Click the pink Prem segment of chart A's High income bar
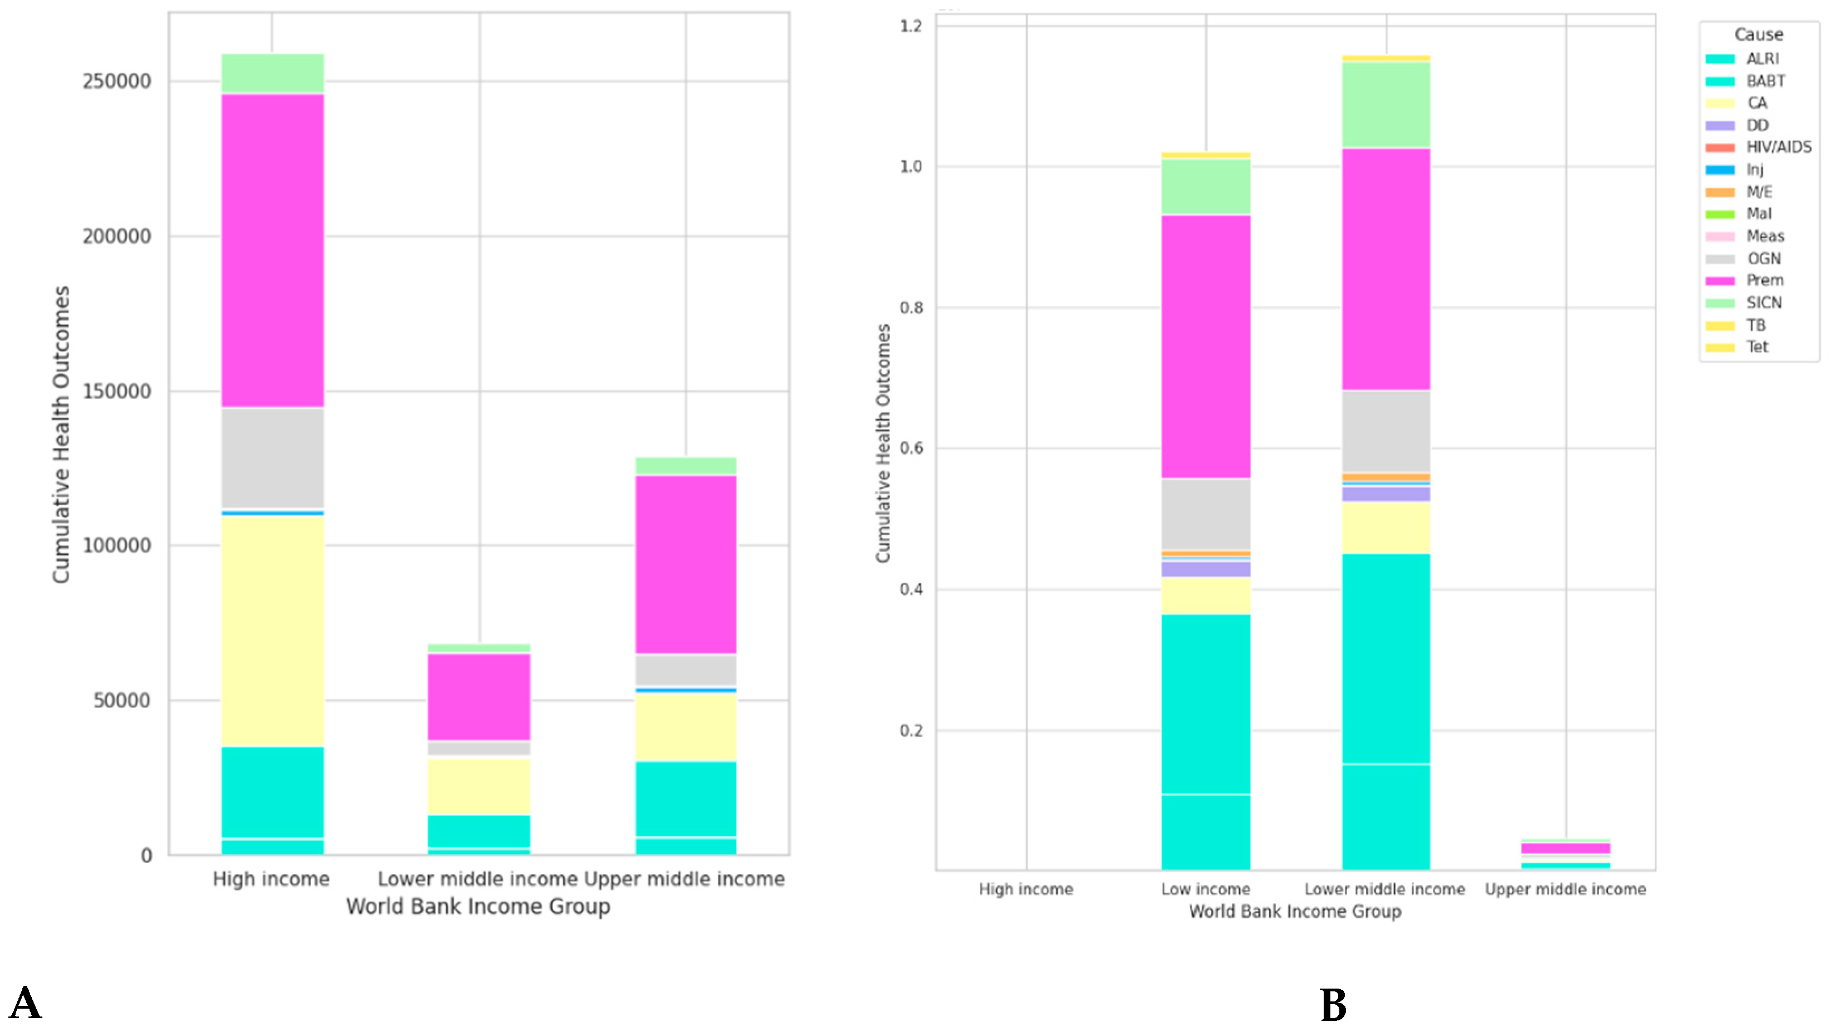pos(272,249)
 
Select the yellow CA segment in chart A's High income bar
pos(272,630)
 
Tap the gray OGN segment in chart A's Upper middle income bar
pos(685,670)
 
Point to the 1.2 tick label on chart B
pos(911,26)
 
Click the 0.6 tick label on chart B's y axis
pos(911,449)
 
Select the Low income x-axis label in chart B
pos(1205,889)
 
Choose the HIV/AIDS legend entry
pos(1778,147)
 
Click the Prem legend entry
pos(1765,281)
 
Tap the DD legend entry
pos(1756,126)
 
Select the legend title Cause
pos(1758,34)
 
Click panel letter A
pos(26,1004)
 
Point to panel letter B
pos(1333,1005)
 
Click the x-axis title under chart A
pos(478,907)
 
